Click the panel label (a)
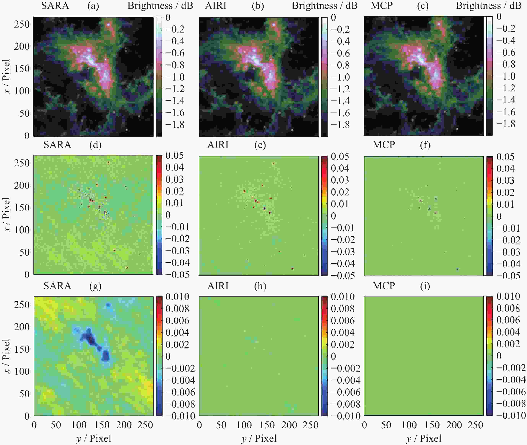point(93,6)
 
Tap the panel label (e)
point(260,145)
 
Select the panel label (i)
point(425,286)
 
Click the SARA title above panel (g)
point(57,286)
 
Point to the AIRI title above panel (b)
point(216,6)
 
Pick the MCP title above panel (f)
point(384,145)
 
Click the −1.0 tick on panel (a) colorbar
point(175,77)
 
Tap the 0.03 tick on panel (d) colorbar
point(174,179)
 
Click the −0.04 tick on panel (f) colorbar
point(508,264)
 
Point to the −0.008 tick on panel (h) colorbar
point(345,404)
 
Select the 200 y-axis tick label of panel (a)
point(22,46)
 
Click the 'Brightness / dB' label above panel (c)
point(488,6)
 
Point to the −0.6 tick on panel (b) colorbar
point(340,53)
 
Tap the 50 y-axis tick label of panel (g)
point(24,394)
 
